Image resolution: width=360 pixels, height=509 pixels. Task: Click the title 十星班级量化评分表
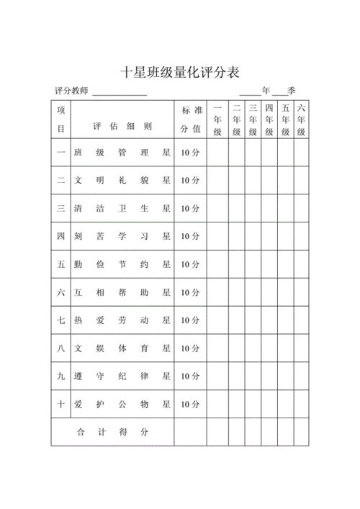[x=179, y=72]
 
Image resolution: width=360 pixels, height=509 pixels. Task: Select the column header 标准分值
[x=190, y=119]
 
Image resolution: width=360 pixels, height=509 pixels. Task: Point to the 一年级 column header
[x=217, y=119]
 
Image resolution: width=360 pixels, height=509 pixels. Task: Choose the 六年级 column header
[x=302, y=119]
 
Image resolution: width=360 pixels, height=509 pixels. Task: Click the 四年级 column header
[x=269, y=119]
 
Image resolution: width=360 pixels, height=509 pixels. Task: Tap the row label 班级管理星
[x=122, y=153]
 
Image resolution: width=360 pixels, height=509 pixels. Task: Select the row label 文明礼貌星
[x=122, y=181]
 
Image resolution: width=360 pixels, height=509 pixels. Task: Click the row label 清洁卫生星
[x=122, y=209]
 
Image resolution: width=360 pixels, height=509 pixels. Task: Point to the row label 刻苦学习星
[x=122, y=236]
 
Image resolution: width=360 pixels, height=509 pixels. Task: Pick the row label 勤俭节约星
[x=122, y=264]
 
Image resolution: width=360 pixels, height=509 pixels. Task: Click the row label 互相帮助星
[x=122, y=292]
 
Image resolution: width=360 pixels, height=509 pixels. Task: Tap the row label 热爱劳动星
[x=122, y=320]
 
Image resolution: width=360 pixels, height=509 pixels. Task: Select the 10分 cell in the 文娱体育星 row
[x=190, y=348]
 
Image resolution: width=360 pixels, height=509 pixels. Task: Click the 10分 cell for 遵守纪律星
[x=190, y=376]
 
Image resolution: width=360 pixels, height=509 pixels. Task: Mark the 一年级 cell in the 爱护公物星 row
[x=217, y=405]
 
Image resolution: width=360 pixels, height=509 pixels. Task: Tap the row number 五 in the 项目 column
[x=61, y=264]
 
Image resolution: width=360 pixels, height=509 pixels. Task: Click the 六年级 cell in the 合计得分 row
[x=302, y=432]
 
